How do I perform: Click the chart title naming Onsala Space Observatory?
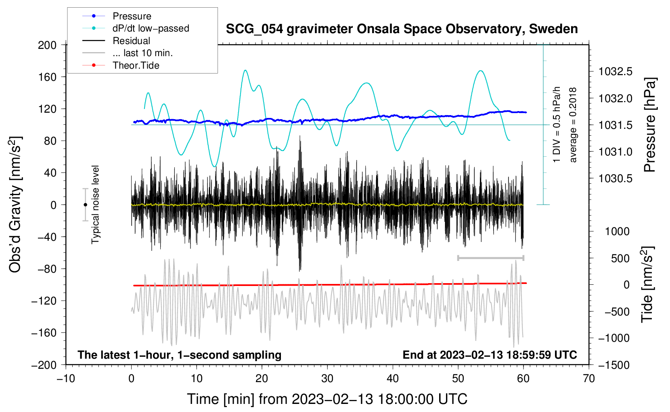[402, 29]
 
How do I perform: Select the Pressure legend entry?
[117, 16]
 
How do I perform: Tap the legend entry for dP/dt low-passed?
[136, 28]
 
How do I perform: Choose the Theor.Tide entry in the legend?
[121, 65]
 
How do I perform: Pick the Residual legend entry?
[116, 41]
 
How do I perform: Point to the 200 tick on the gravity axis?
[47, 45]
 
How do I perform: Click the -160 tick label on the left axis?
[44, 333]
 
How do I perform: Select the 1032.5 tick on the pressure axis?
[615, 71]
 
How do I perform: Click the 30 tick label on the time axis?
[327, 379]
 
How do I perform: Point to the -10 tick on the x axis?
[66, 379]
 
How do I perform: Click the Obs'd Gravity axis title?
[15, 205]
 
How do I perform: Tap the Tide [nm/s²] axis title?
[647, 284]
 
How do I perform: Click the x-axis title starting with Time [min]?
[327, 399]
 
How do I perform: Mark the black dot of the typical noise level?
[85, 205]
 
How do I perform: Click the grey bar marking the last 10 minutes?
[491, 258]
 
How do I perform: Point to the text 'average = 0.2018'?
[573, 125]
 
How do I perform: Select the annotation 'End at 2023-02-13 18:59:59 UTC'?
[490, 355]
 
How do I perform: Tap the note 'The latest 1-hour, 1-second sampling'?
[180, 355]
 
